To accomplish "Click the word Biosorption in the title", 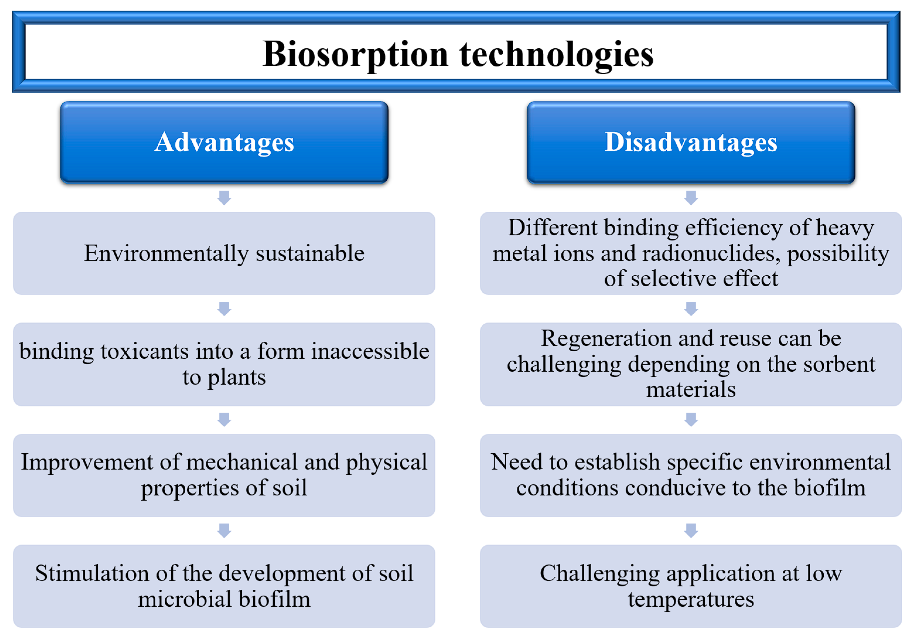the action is pos(356,55).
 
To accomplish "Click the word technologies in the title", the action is pos(556,55).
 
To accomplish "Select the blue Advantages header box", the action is pos(224,142).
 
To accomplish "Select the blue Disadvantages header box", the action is pos(691,142).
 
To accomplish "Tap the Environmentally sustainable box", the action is pos(224,253).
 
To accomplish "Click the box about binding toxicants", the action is pos(224,364).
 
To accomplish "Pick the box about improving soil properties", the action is pos(224,475).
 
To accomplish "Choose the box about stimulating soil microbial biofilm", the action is pos(224,586).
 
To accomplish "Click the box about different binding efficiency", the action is pos(691,253).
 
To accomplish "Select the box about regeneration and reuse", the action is pos(691,364).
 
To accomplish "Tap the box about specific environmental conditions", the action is pos(691,475).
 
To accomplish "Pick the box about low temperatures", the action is pos(691,586).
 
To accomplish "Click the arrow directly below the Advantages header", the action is pos(224,198).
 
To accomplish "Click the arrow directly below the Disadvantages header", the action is pos(691,198).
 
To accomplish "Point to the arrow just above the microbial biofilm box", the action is pos(224,531).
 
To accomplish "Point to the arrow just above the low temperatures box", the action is pos(691,531).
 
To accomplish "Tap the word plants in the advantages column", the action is pos(237,378).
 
